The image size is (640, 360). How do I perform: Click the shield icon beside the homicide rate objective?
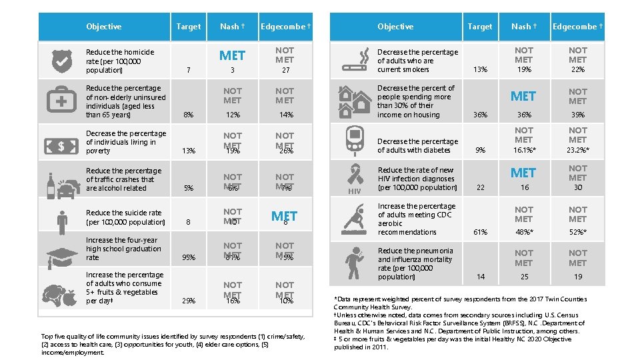click(x=61, y=61)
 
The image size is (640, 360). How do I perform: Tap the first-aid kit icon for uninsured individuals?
click(x=61, y=101)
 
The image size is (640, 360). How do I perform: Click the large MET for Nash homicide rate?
click(x=232, y=55)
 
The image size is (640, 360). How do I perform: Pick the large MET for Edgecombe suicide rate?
click(x=284, y=216)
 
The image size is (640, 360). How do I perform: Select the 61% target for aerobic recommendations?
click(x=479, y=233)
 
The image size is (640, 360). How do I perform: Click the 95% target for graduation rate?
click(x=189, y=257)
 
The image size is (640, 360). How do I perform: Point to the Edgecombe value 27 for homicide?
click(x=285, y=70)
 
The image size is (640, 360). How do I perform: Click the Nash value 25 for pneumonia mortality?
click(x=524, y=277)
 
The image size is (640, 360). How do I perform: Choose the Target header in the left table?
click(x=188, y=27)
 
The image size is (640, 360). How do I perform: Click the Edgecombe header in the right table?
click(x=577, y=27)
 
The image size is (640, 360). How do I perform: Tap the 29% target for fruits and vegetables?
click(x=189, y=301)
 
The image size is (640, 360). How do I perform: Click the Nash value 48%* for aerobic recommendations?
click(x=524, y=233)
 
